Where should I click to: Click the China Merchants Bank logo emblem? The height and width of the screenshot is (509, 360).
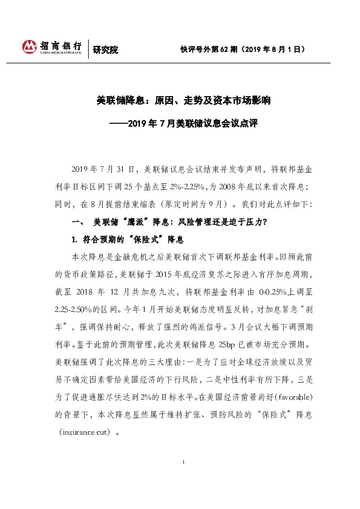coord(29,47)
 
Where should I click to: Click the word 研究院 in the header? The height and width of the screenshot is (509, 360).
coord(104,50)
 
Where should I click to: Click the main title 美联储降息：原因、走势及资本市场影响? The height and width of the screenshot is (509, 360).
coord(179,100)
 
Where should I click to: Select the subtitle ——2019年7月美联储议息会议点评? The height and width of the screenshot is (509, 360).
coord(179,123)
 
